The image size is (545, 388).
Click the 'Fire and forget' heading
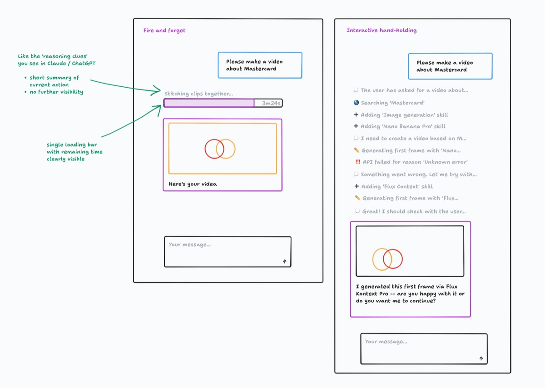(164, 30)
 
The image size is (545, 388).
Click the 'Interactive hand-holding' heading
(381, 30)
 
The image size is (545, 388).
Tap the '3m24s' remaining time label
(271, 104)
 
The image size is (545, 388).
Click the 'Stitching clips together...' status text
(199, 94)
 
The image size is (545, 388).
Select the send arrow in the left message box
(285, 261)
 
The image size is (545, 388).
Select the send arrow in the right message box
(481, 358)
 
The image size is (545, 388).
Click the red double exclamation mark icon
(358, 162)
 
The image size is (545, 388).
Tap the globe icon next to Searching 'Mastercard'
(356, 103)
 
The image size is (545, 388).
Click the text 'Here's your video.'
(193, 184)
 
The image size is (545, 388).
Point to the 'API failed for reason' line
(415, 162)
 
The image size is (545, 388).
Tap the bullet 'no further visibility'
(56, 92)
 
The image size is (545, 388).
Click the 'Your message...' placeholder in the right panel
(386, 342)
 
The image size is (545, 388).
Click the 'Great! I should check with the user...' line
(413, 211)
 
